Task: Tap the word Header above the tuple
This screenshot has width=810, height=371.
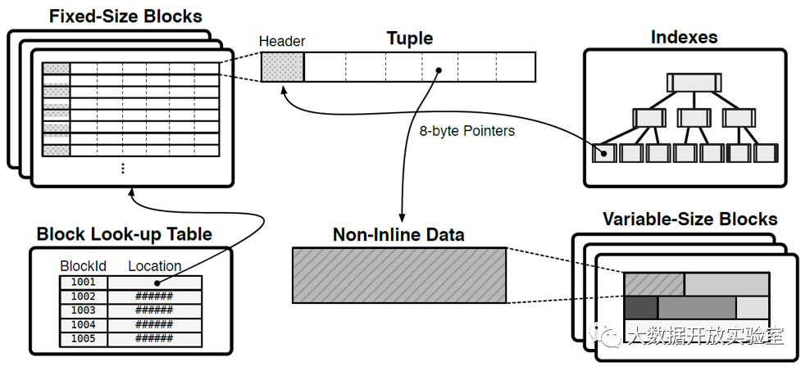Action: (282, 41)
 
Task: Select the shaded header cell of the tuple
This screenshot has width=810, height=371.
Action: (283, 66)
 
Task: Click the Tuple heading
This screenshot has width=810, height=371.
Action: (410, 38)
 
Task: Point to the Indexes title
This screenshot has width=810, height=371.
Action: (684, 37)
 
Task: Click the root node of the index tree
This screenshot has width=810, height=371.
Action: (693, 82)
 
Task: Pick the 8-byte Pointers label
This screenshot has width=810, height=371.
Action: (466, 130)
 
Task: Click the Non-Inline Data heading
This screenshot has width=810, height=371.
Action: (398, 235)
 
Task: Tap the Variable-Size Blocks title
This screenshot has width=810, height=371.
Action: (689, 219)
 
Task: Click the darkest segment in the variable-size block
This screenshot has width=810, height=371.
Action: (640, 307)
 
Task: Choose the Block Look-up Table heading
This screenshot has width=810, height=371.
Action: (125, 234)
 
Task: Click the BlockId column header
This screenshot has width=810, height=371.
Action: (83, 266)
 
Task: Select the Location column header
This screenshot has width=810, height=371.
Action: (155, 266)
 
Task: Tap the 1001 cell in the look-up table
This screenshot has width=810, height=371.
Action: (84, 282)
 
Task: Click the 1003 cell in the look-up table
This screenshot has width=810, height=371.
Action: (84, 310)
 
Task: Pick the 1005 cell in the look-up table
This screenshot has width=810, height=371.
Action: (84, 338)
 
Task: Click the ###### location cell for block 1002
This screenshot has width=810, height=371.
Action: (155, 296)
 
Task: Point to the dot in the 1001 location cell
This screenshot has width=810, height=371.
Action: (155, 282)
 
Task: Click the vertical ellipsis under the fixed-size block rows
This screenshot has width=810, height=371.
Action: (123, 168)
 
